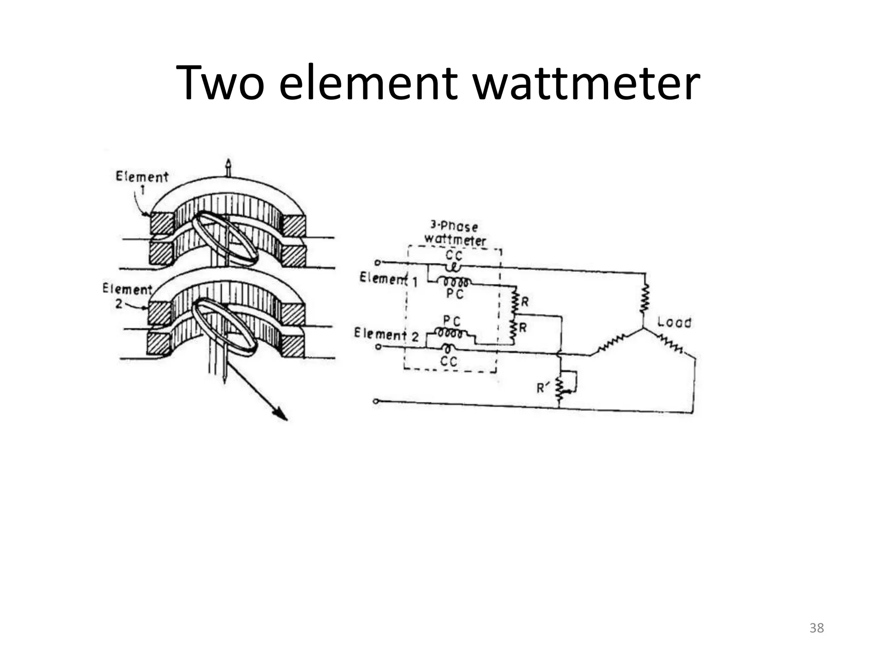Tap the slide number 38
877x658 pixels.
click(x=817, y=628)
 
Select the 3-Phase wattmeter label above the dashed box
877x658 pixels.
click(x=455, y=233)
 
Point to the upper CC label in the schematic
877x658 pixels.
click(x=454, y=256)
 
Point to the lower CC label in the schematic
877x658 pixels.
click(x=449, y=362)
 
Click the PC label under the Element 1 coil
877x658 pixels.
click(x=455, y=294)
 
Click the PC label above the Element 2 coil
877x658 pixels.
click(x=452, y=321)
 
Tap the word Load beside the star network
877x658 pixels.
click(x=674, y=322)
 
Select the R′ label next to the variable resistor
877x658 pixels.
click(x=543, y=388)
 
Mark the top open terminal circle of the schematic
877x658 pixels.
click(x=378, y=262)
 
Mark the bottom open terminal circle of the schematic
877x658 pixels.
click(x=376, y=401)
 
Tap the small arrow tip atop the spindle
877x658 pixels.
click(x=228, y=164)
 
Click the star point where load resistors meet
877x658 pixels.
click(x=643, y=329)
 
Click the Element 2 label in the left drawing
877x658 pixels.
click(x=127, y=295)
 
